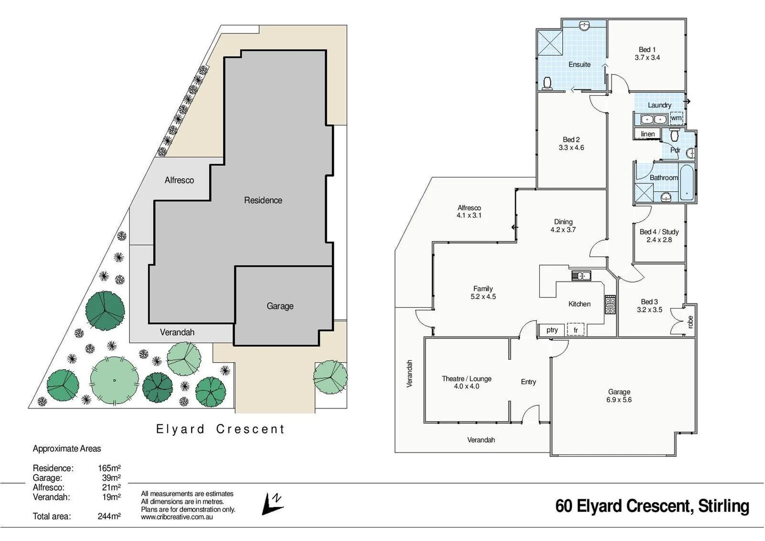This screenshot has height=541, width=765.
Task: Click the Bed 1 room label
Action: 647,50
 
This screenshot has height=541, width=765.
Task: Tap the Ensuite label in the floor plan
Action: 579,65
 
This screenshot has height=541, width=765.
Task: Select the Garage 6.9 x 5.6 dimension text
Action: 619,400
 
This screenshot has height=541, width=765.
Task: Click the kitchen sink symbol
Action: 581,276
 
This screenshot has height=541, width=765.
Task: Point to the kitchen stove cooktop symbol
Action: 610,305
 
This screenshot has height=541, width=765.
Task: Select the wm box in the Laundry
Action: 676,118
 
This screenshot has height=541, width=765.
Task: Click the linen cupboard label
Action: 647,134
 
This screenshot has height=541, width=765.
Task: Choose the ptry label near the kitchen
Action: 552,330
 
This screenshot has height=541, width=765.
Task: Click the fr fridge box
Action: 576,330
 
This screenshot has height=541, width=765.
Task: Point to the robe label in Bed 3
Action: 690,322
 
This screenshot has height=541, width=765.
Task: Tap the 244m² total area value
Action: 109,516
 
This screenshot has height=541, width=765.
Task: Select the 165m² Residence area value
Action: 109,468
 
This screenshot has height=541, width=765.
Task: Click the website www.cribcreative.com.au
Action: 177,517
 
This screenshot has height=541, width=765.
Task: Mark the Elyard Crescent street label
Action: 220,429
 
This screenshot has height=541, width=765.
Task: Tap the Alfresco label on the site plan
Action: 179,180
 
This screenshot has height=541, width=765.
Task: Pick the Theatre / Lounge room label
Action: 466,379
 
